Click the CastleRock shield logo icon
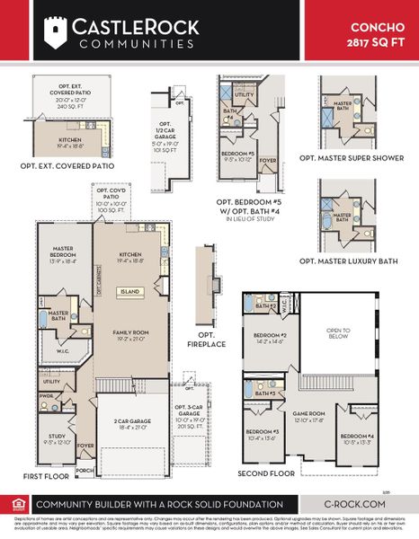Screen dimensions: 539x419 pos(57,31)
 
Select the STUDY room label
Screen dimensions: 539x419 pos(56,437)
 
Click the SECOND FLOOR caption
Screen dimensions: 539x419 pos(266,473)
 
